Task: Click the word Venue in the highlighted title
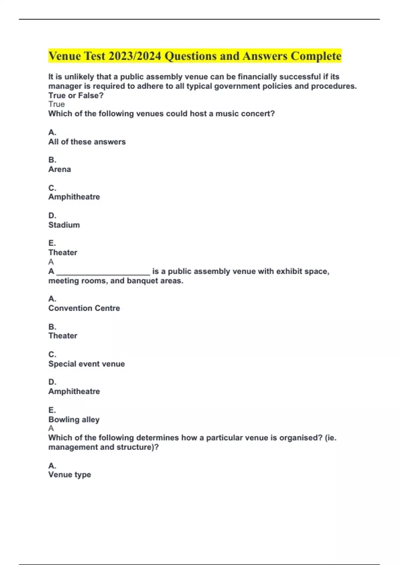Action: pos(65,56)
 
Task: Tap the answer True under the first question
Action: pos(57,104)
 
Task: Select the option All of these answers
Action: pos(87,142)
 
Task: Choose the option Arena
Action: pos(60,169)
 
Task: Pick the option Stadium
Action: pos(64,225)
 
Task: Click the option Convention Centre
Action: pos(84,308)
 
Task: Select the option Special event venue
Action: pos(86,364)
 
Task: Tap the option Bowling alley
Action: pos(74,420)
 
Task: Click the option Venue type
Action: pos(69,475)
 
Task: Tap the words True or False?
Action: pos(76,96)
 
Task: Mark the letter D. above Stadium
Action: pos(52,216)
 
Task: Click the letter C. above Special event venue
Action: pos(52,355)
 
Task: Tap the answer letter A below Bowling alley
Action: pos(51,428)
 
